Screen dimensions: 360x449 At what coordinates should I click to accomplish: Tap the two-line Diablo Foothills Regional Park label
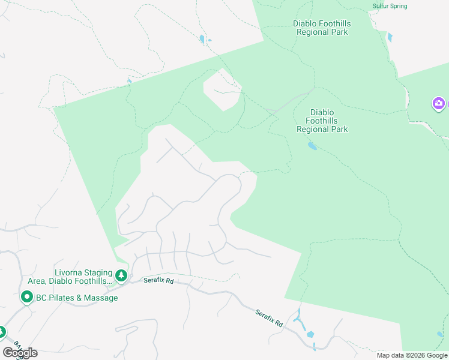[x=322, y=28]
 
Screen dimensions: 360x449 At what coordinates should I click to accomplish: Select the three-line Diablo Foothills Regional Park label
[x=322, y=121]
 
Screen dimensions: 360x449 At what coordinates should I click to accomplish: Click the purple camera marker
[x=439, y=104]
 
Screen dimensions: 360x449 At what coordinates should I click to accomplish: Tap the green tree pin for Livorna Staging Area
[x=121, y=276]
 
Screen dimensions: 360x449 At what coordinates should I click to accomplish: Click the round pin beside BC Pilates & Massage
[x=26, y=297]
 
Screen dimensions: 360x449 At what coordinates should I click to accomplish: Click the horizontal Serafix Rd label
[x=158, y=280]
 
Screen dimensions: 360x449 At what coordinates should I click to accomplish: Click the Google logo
[x=20, y=353]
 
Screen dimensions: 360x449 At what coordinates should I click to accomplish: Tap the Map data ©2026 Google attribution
[x=412, y=355]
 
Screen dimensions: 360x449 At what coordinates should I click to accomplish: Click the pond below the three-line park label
[x=312, y=146]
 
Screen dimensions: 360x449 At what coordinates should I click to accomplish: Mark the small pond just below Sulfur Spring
[x=390, y=37]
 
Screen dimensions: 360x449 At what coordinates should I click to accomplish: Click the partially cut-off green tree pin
[x=2, y=331]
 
